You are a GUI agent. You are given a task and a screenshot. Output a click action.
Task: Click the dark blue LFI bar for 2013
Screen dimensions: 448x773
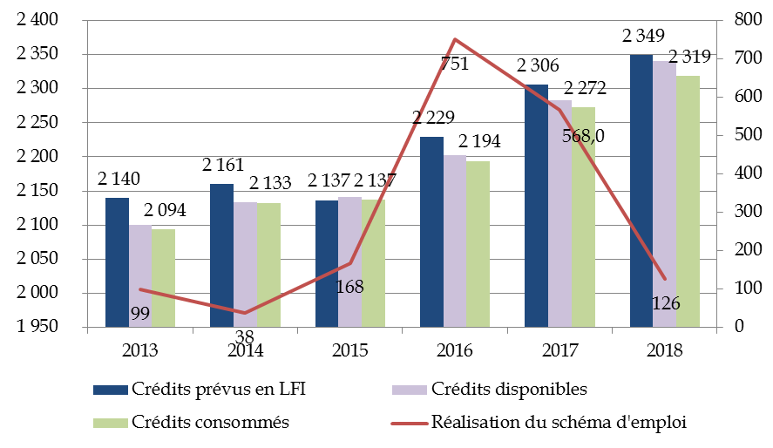point(118,261)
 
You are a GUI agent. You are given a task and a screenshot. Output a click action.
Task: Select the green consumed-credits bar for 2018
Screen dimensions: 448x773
point(688,200)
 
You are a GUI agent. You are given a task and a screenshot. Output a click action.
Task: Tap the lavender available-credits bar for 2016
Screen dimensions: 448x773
point(455,241)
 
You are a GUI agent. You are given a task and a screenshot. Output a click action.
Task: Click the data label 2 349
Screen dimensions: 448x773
point(643,37)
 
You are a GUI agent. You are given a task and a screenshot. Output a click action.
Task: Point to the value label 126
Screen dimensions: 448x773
point(665,303)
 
